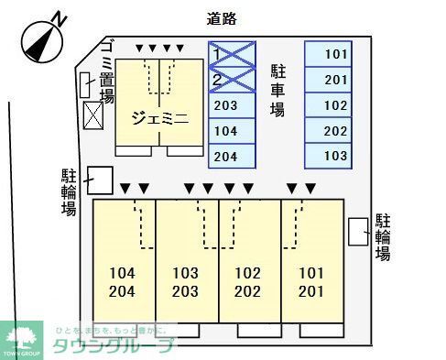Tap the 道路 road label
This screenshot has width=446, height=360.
click(223, 16)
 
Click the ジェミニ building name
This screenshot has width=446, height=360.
click(159, 117)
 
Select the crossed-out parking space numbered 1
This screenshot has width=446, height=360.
click(231, 54)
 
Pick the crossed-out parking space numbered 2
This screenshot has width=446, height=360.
click(231, 80)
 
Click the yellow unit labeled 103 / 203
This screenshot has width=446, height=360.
click(186, 283)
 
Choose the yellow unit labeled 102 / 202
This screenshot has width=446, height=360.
click(248, 283)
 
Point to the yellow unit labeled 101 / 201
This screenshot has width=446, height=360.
click(311, 283)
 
